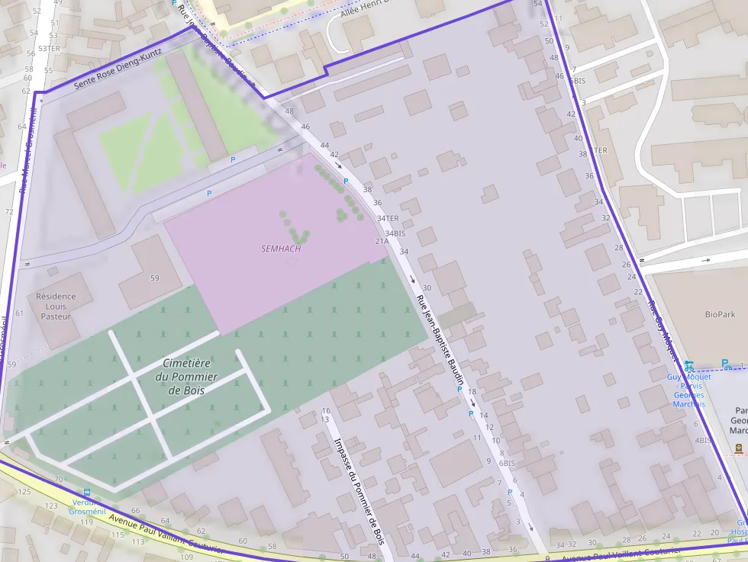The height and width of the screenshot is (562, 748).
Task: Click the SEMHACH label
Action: click(281, 249)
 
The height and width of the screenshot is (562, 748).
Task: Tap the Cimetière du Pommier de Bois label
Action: click(186, 377)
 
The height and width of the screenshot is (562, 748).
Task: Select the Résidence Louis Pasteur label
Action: click(56, 306)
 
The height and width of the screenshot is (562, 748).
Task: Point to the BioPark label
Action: click(720, 314)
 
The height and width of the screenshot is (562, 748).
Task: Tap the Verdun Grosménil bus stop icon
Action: click(87, 493)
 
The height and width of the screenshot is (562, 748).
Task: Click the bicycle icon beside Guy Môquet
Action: click(689, 365)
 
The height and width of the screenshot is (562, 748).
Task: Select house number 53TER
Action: click(49, 48)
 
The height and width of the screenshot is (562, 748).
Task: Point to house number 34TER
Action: click(388, 218)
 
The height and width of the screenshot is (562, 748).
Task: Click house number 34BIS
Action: click(395, 233)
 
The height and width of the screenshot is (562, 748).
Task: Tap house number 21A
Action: click(382, 241)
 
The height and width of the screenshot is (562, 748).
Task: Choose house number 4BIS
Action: click(703, 440)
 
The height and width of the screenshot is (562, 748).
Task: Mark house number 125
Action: click(24, 491)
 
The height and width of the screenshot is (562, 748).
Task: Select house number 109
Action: click(186, 557)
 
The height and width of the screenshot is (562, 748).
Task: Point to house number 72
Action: click(9, 211)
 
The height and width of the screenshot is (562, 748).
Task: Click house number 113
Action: click(138, 541)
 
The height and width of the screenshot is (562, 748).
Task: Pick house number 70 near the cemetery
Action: click(58, 479)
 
